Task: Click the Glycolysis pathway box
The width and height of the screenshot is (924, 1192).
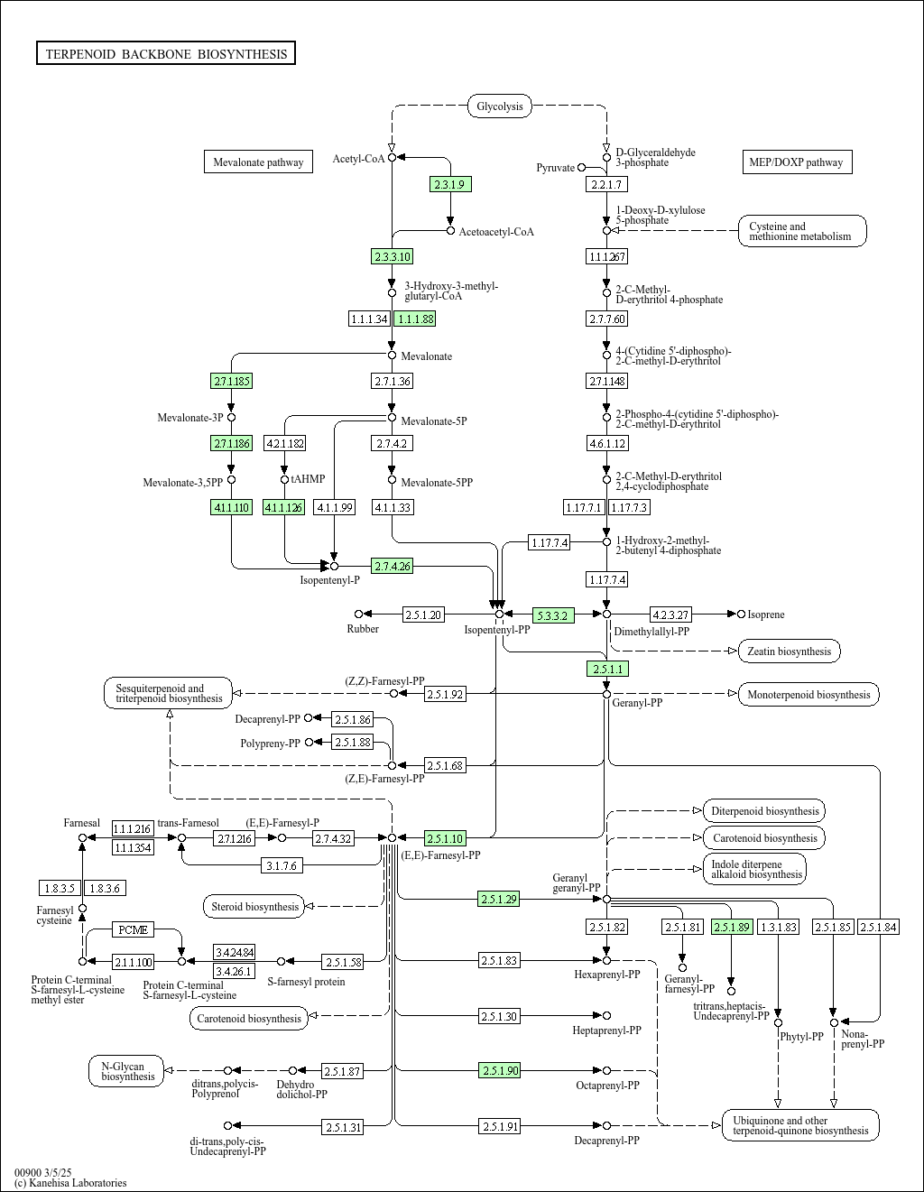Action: coord(500,106)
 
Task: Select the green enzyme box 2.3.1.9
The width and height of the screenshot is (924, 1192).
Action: coord(450,184)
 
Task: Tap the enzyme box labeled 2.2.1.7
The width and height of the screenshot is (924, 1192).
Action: coord(606,184)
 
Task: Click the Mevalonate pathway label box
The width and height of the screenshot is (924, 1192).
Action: coord(258,162)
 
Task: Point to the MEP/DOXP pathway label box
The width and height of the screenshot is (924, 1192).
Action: coord(798,162)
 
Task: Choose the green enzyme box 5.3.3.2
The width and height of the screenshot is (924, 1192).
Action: coord(553,615)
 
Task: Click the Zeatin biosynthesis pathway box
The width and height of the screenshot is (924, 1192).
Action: coord(790,651)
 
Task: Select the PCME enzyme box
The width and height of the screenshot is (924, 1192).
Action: coord(134,929)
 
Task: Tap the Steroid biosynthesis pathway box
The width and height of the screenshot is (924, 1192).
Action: coord(254,907)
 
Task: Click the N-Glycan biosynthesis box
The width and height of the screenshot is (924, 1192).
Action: coord(126,1071)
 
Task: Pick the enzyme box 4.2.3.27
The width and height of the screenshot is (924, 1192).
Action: coord(670,614)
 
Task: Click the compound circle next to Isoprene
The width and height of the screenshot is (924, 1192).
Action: coord(741,614)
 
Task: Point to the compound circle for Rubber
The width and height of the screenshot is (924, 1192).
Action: coord(358,614)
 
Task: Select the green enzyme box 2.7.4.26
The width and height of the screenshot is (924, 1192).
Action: coord(393,566)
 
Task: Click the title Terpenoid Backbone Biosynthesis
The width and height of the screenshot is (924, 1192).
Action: coord(166,53)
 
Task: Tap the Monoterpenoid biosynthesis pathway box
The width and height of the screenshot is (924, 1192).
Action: coord(808,695)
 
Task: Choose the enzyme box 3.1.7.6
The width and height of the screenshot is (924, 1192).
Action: coord(282,865)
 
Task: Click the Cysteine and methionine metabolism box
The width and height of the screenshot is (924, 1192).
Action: coord(802,231)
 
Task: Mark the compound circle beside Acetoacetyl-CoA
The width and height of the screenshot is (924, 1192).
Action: coord(451,231)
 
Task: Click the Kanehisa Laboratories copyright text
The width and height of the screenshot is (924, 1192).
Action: coord(70,1183)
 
